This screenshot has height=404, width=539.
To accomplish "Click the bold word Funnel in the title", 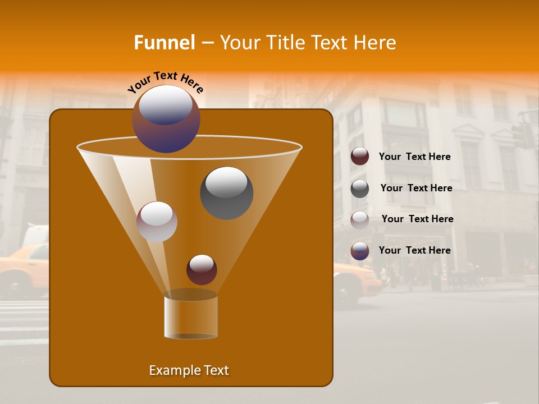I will (x=164, y=43).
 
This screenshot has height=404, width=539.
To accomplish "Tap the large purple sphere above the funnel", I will (x=166, y=118).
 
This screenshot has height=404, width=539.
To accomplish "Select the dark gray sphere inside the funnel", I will (x=226, y=192).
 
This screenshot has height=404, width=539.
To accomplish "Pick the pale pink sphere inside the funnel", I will (x=157, y=222).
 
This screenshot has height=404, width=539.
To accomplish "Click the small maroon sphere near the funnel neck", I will (x=202, y=269).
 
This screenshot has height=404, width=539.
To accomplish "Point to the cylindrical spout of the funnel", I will (x=191, y=316).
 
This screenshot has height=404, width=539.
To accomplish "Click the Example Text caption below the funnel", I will (x=189, y=370).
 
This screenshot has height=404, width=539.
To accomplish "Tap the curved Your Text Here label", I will (x=165, y=82).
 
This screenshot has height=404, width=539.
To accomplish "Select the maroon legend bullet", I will (x=360, y=157).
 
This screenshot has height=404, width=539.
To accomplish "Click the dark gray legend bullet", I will (x=360, y=188).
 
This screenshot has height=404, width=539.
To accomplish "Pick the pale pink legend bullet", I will (x=360, y=219).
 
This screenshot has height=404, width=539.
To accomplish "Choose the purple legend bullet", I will (x=360, y=251).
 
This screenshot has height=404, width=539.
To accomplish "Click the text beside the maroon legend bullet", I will (x=414, y=157).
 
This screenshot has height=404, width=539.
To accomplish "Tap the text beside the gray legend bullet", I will (x=416, y=188).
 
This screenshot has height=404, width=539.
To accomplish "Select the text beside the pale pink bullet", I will (x=417, y=219).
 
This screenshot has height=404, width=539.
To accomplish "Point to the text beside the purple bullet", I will (x=414, y=250).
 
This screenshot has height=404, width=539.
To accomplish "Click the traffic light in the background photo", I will (x=523, y=135).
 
